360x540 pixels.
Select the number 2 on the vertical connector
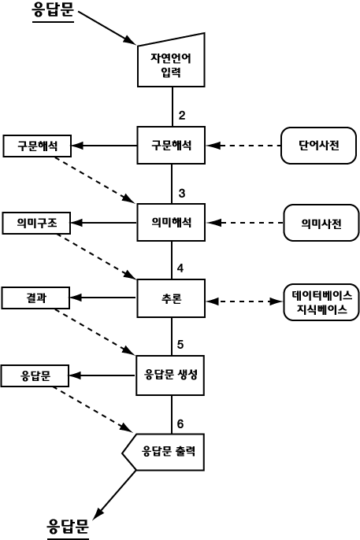[182, 115]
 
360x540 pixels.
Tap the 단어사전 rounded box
[319, 146]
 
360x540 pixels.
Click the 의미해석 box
[171, 222]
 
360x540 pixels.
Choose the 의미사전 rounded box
[321, 223]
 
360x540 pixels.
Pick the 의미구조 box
[36, 224]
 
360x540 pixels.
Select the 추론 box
[171, 298]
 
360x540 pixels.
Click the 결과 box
[35, 298]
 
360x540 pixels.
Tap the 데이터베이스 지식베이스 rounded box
[321, 302]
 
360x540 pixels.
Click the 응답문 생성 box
[170, 375]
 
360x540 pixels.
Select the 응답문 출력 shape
[164, 452]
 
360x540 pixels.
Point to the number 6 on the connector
[180, 424]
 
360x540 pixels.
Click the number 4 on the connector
[180, 268]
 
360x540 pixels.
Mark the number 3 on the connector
[182, 193]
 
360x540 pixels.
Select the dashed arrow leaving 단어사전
[243, 146]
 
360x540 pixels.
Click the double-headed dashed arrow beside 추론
[244, 301]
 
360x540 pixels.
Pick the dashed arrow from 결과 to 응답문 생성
[95, 332]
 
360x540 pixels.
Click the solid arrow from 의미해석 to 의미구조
[104, 223]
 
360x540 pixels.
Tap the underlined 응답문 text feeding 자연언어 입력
[53, 10]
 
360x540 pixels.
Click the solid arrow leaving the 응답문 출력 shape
[114, 494]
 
